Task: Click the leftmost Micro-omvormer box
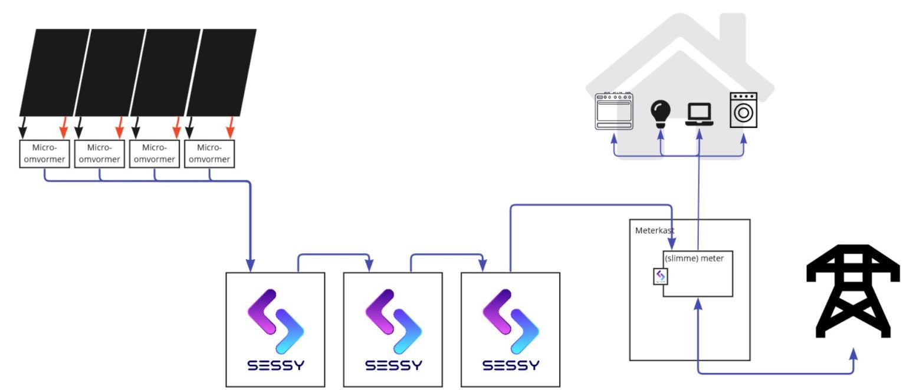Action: (45, 154)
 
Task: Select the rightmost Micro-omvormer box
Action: (209, 154)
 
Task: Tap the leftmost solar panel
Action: (54, 72)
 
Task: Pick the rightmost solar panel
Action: (221, 72)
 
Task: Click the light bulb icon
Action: (661, 112)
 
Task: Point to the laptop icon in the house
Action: (699, 114)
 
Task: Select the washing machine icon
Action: (743, 110)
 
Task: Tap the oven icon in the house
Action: (614, 110)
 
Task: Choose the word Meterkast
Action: (655, 230)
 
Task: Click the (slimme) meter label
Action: (694, 257)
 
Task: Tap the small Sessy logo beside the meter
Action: (661, 276)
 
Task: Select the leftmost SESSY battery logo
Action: (275, 322)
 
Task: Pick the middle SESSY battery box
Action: (393, 329)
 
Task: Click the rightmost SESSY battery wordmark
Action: (510, 366)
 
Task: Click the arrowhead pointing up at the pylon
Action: (853, 353)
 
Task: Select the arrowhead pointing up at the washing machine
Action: (743, 139)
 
